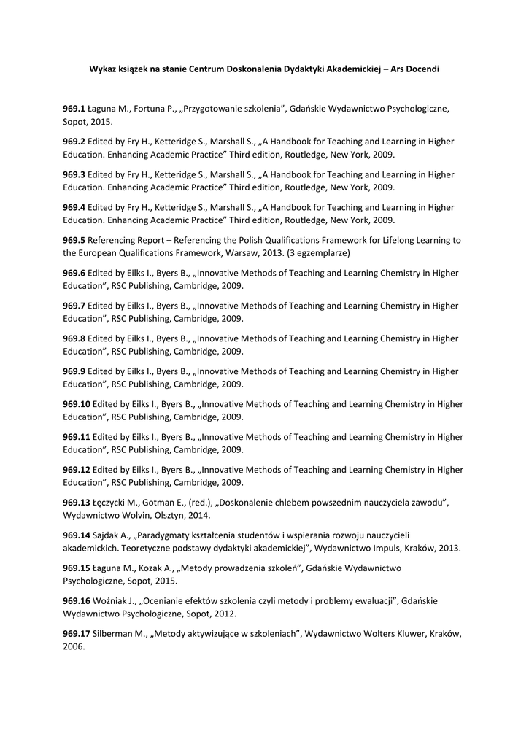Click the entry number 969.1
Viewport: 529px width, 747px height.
click(x=74, y=109)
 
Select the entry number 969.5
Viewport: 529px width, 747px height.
click(x=74, y=240)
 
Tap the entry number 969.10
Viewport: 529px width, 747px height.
click(x=77, y=404)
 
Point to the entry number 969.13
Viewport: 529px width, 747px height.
click(x=77, y=503)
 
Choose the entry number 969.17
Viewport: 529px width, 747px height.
click(x=77, y=634)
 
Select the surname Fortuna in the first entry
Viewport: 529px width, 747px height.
click(x=150, y=109)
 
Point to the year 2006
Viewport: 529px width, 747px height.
click(x=74, y=647)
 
